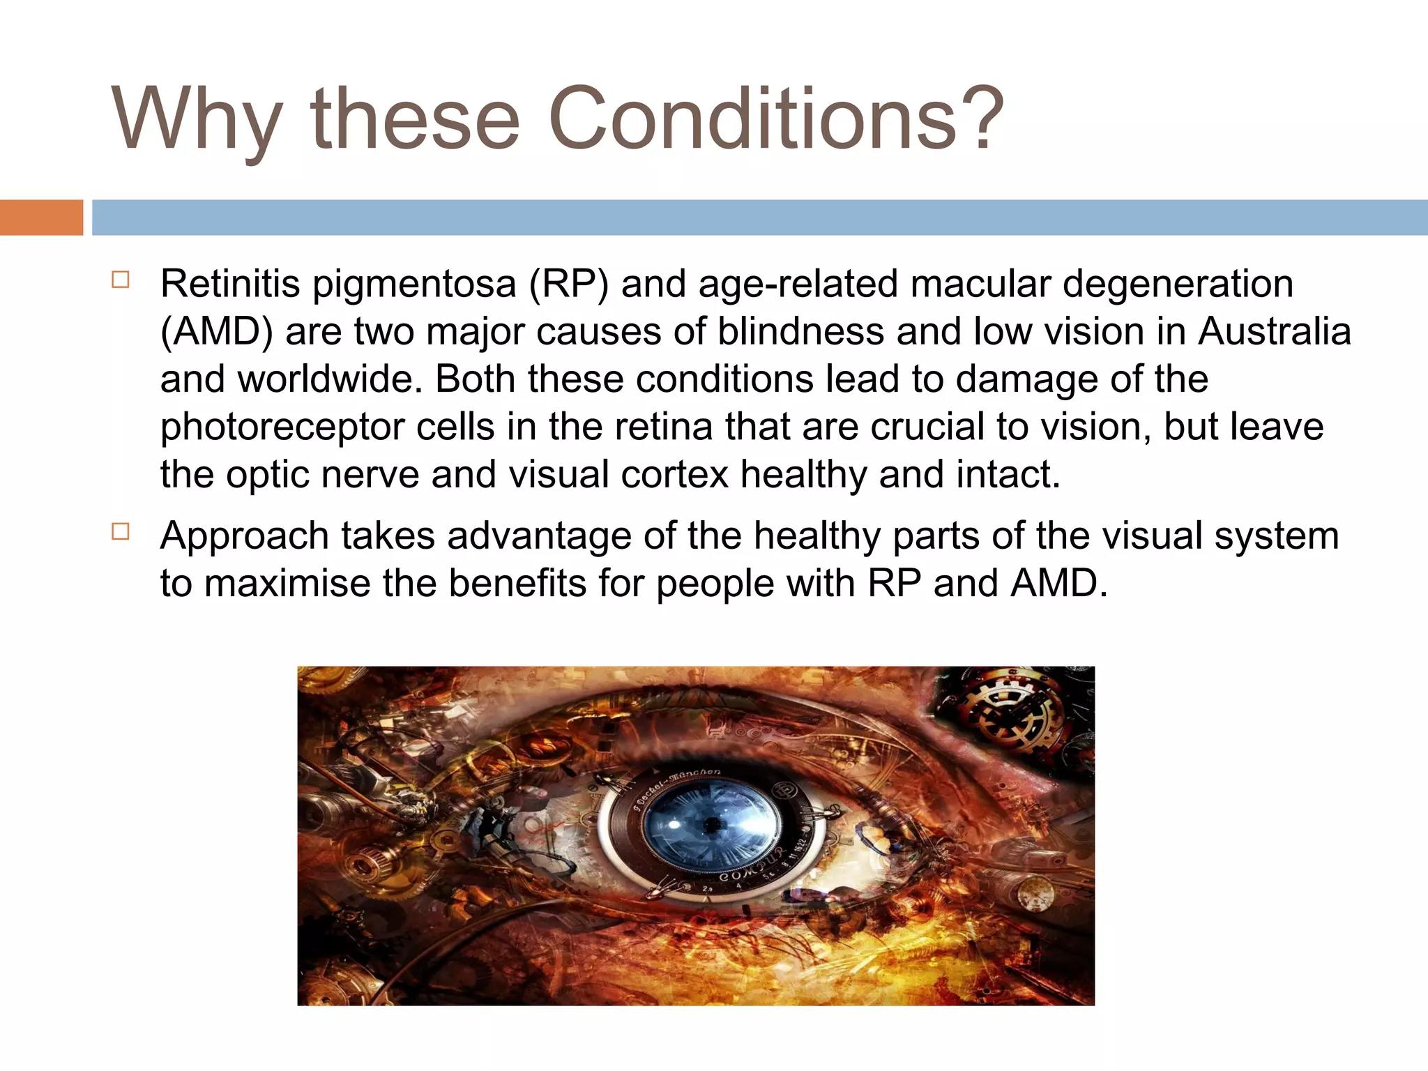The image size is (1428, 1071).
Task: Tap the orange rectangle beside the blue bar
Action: [x=41, y=218]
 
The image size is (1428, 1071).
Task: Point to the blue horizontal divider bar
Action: [x=759, y=218]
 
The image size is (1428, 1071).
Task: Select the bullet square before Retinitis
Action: [x=120, y=280]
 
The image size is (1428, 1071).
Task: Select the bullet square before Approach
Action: [x=120, y=533]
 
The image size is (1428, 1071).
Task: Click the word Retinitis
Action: [x=230, y=284]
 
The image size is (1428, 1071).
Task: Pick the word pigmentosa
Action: [x=414, y=285]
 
